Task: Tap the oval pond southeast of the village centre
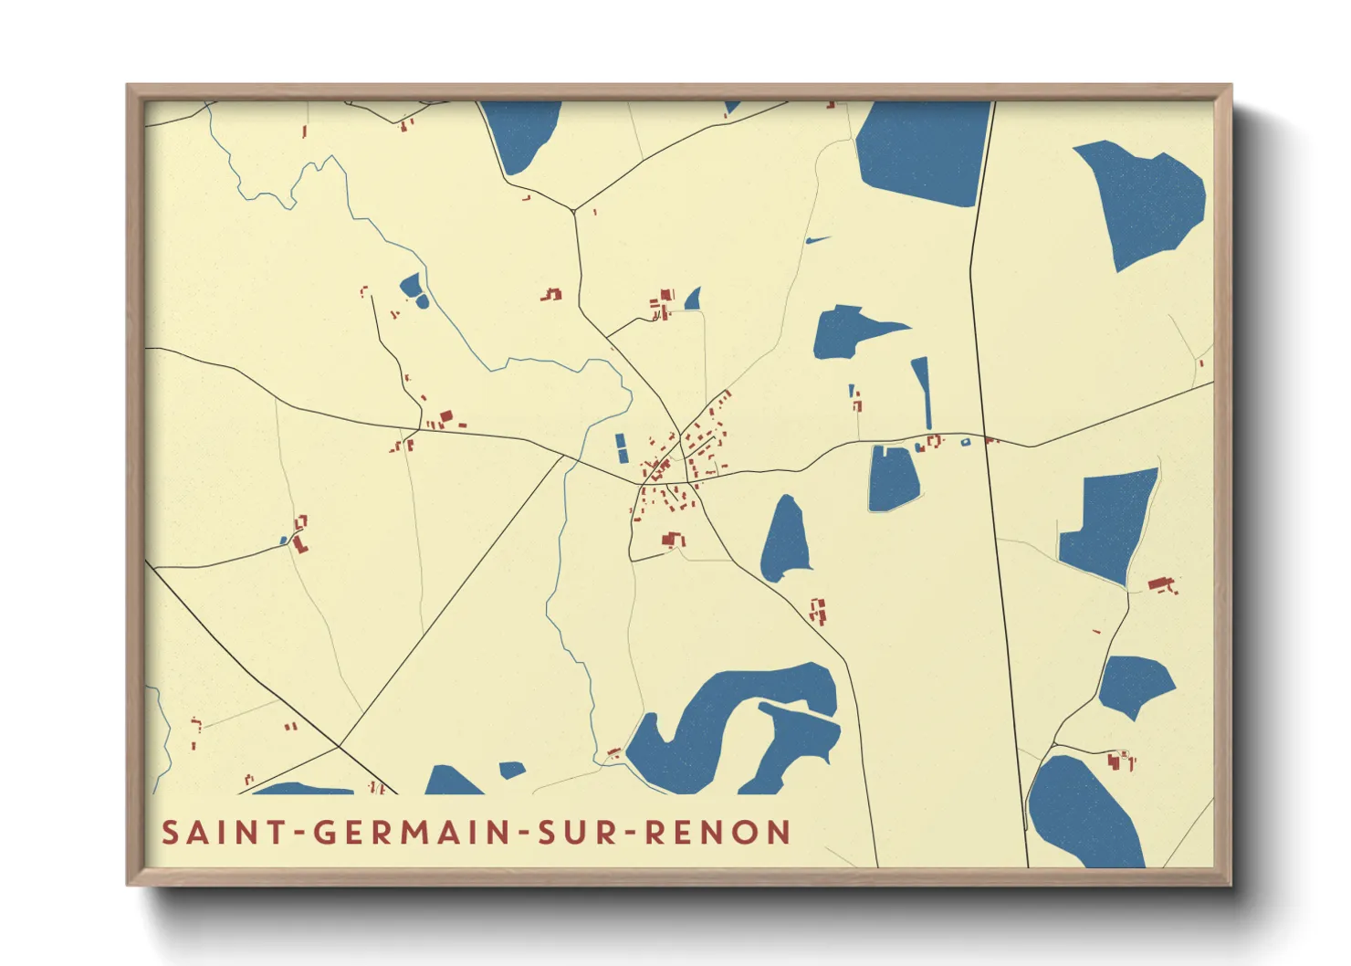(786, 541)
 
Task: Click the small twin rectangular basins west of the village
(622, 447)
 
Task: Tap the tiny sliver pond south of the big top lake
(817, 240)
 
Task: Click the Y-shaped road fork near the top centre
(573, 211)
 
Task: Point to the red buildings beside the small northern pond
(662, 303)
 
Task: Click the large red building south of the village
(673, 541)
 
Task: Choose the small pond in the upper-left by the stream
(413, 289)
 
